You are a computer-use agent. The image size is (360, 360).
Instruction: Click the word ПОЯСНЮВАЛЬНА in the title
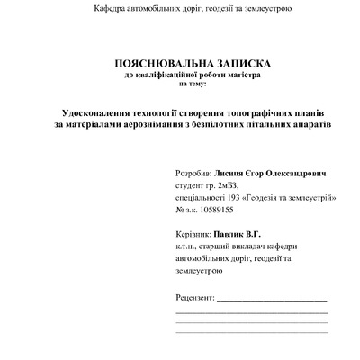point(160,64)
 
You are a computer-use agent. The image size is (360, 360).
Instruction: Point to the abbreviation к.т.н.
point(190,244)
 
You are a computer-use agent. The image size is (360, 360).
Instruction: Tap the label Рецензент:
point(196,295)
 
